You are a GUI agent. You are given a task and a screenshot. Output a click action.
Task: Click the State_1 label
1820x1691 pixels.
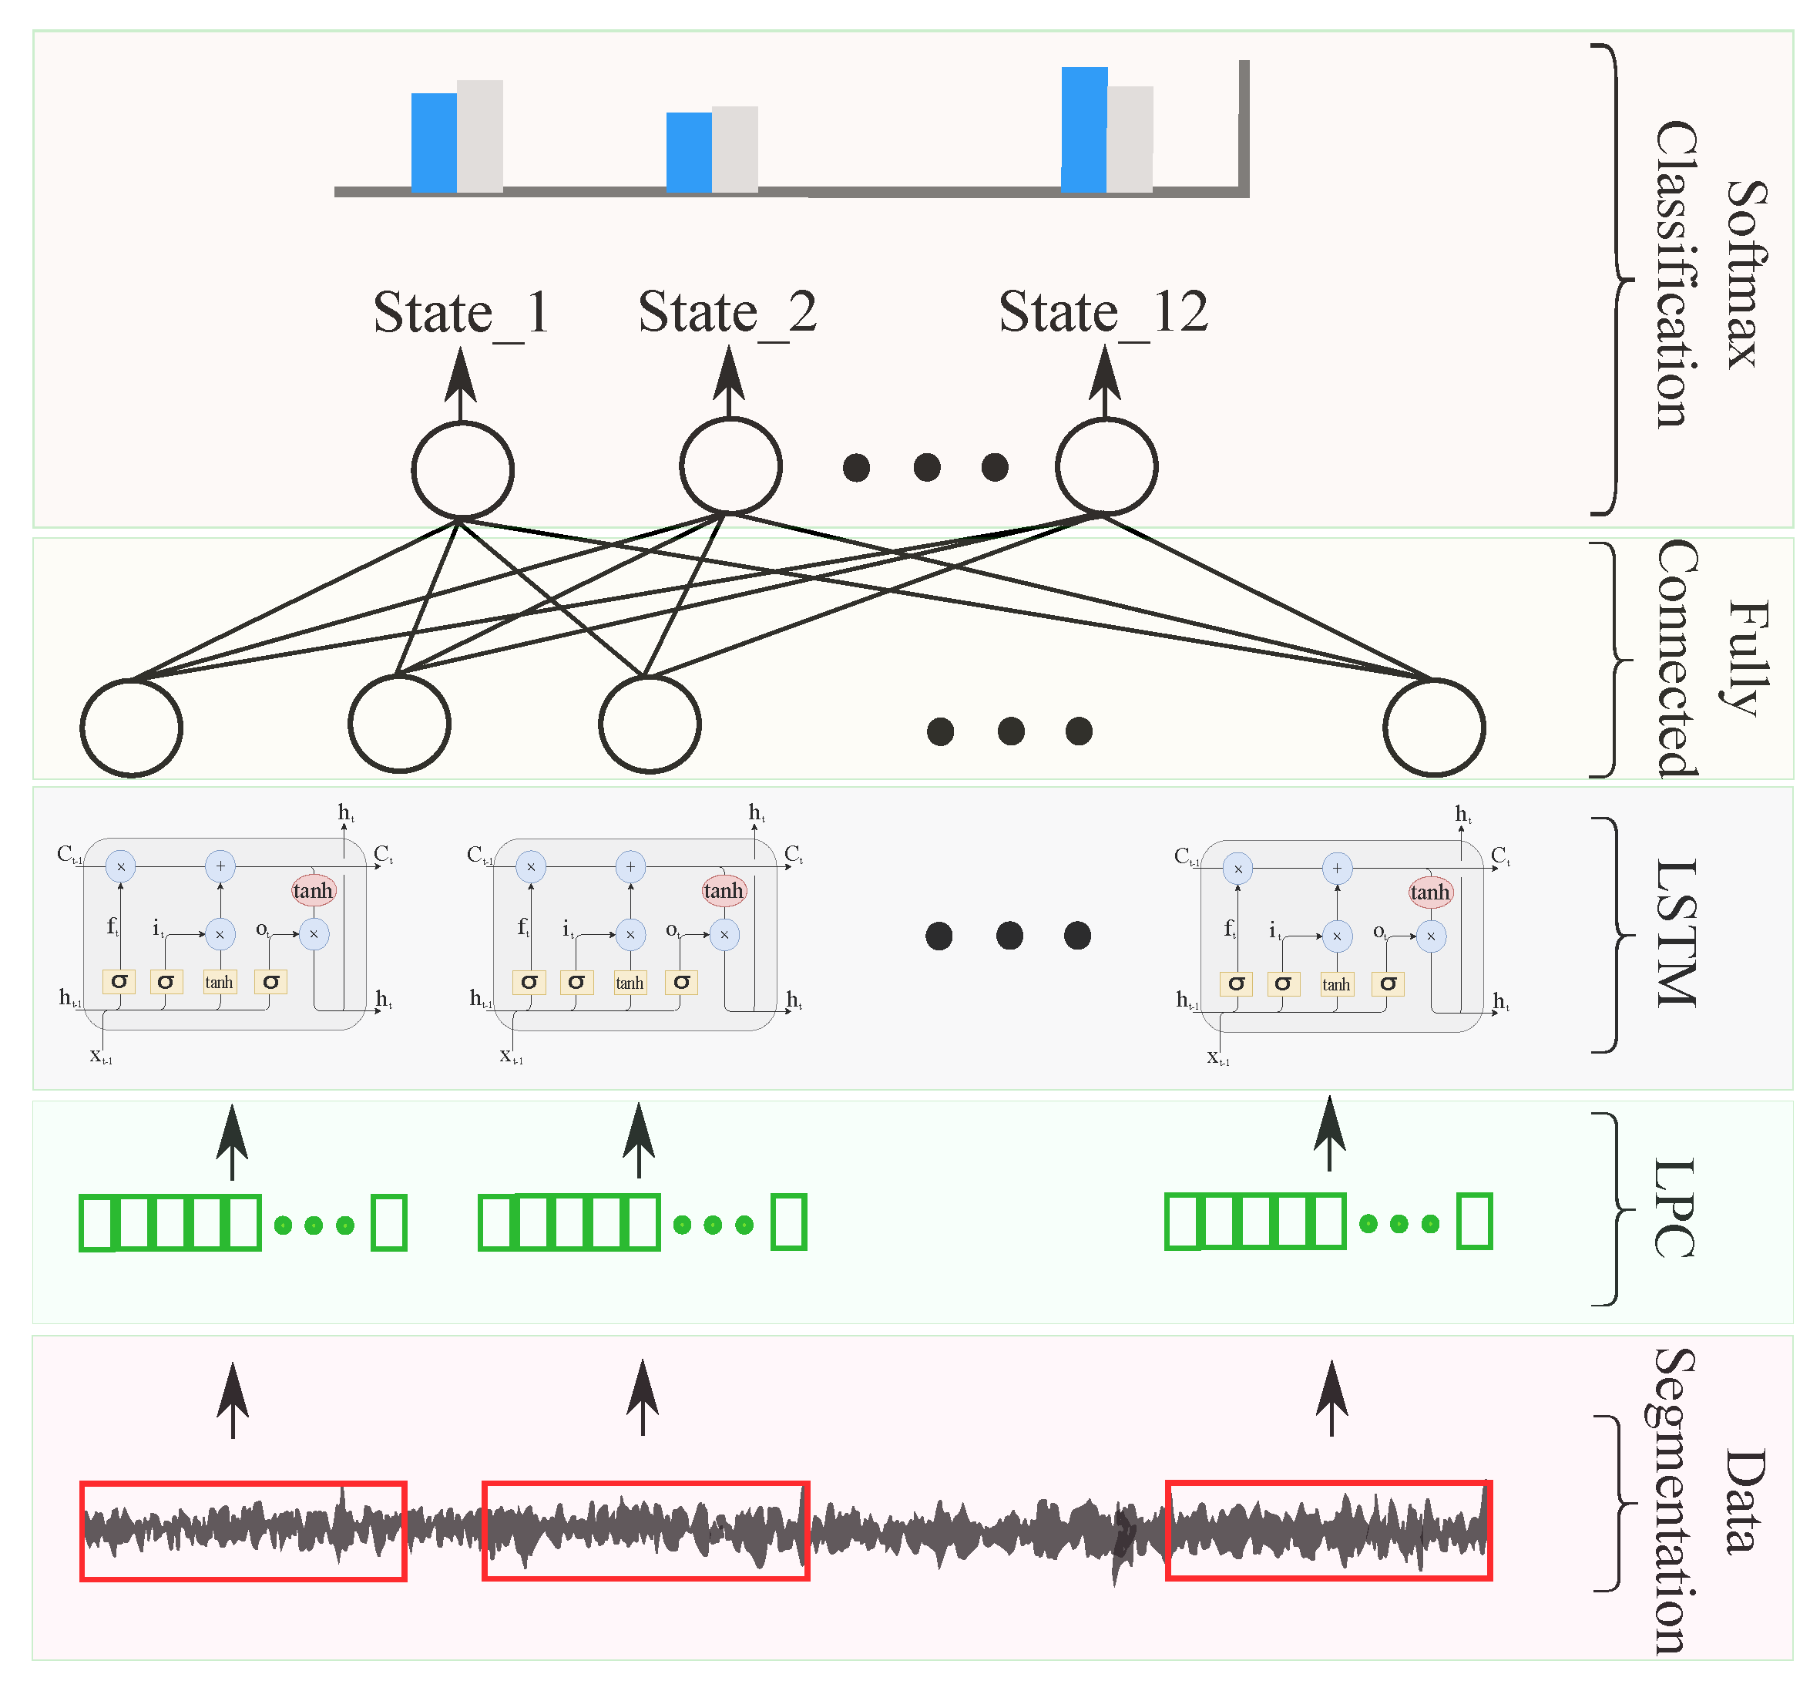coord(461,313)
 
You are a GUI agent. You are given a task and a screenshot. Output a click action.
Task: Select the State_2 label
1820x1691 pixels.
coord(727,313)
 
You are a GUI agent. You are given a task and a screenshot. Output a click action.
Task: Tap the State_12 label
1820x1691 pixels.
coord(1103,313)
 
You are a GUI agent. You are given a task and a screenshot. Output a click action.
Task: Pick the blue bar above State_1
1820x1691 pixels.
coord(434,143)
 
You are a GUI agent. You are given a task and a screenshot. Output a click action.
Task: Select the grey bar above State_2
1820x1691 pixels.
coord(734,150)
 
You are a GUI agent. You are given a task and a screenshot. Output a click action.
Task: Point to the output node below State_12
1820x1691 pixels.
coord(1106,466)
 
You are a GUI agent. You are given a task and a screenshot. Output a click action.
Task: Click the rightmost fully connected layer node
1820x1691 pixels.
coord(1433,728)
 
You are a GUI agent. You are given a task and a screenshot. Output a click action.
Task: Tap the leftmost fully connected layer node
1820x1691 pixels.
coord(132,728)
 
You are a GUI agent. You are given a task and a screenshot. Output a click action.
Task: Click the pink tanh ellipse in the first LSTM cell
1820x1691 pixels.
coord(313,890)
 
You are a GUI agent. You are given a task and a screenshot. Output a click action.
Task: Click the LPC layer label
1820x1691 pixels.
coord(1674,1208)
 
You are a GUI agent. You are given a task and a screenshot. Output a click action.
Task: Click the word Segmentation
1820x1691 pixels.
coord(1674,1501)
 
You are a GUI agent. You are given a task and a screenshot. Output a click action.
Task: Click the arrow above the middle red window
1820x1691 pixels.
coord(643,1397)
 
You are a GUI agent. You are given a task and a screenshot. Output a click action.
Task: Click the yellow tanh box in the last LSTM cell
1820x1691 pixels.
coord(1335,984)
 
